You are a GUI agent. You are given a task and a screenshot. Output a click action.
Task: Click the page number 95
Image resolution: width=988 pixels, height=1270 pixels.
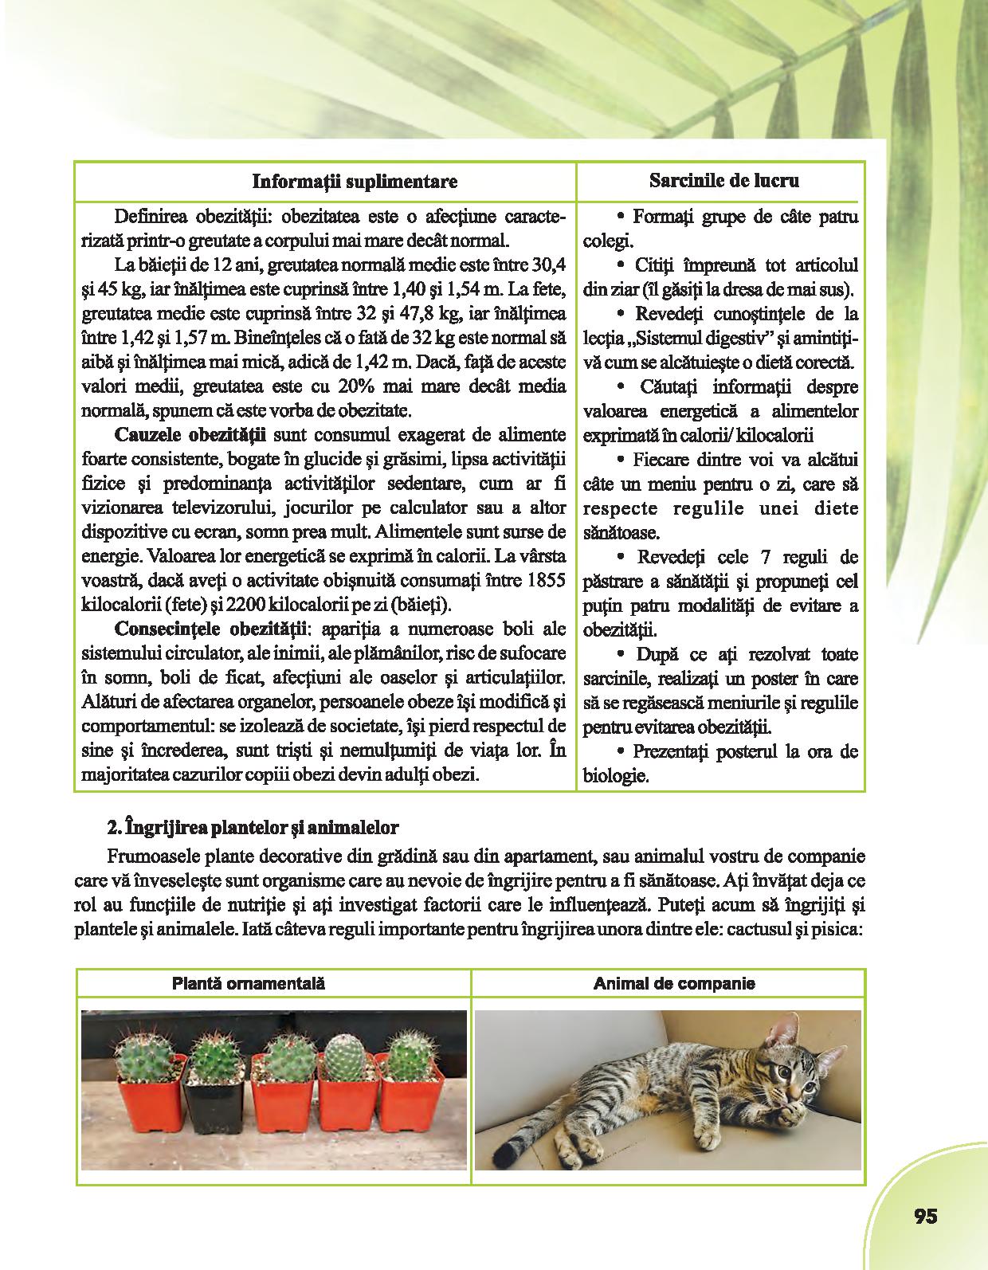point(925,1216)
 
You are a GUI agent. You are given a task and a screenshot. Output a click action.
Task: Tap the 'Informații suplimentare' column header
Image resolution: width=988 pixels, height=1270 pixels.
point(355,182)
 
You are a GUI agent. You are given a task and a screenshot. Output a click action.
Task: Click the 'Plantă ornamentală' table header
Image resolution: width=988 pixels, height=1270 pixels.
point(249,983)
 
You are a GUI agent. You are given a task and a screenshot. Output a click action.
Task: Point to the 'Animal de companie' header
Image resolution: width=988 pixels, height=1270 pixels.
point(674,983)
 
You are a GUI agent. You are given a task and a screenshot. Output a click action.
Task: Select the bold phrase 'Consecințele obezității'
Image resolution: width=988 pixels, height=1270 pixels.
point(212,629)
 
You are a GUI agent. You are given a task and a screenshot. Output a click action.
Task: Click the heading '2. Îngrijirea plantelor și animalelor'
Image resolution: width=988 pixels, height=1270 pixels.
point(252,828)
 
